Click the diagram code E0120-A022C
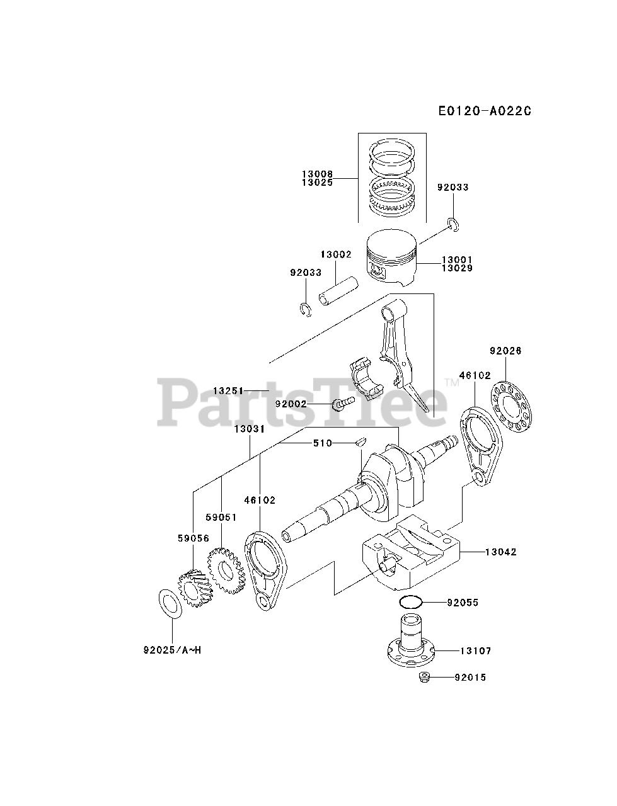(x=485, y=111)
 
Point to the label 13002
(x=335, y=254)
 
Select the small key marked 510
(x=359, y=442)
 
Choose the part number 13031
(x=249, y=428)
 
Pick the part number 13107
(x=475, y=650)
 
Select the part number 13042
(x=500, y=552)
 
